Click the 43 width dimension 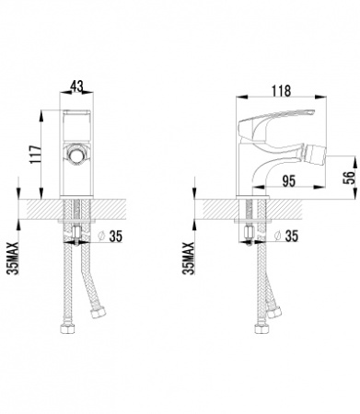(x=76, y=86)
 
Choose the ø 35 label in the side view (x=289, y=236)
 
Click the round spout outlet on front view (x=77, y=152)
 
